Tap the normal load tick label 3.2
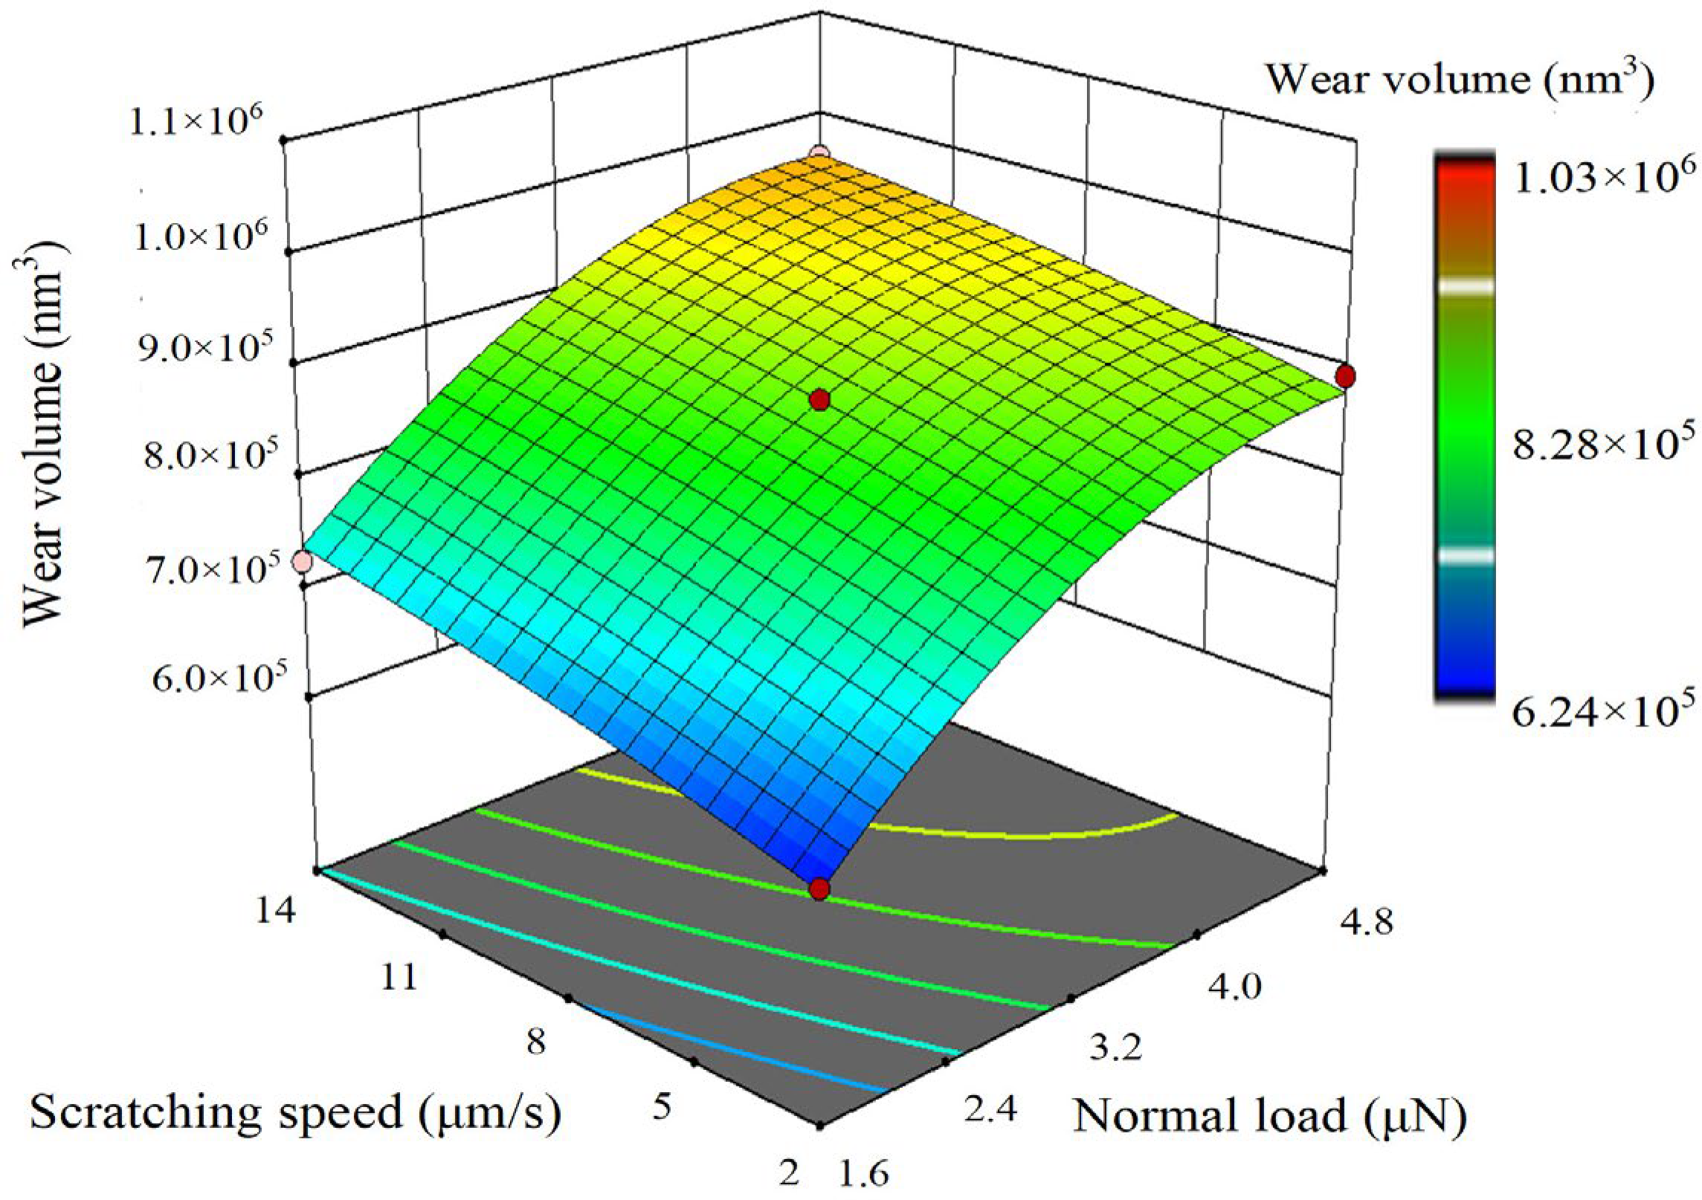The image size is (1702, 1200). pyautogui.click(x=1109, y=1049)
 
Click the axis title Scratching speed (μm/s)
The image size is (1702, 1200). pyautogui.click(x=294, y=1113)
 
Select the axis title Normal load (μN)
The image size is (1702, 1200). pyautogui.click(x=1269, y=1116)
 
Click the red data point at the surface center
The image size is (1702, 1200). pyautogui.click(x=819, y=400)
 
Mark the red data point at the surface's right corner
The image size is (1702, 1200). pyautogui.click(x=1344, y=376)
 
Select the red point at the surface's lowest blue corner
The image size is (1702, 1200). pyautogui.click(x=819, y=888)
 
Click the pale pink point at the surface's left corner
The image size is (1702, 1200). pyautogui.click(x=302, y=561)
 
